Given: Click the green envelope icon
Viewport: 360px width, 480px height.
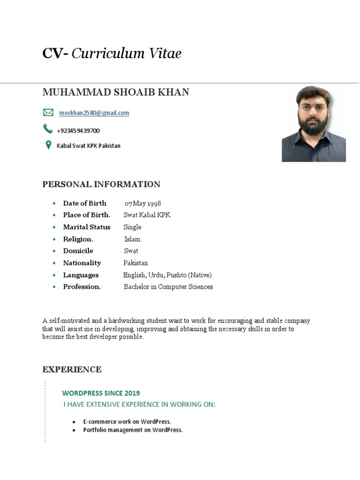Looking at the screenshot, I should (48, 112).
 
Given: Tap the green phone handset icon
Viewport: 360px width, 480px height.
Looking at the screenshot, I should (48, 128).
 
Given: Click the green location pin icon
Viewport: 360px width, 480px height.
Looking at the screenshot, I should (48, 145).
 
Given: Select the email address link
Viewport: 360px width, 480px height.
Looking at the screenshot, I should (94, 113).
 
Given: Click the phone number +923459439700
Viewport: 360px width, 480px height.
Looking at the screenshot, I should (78, 131).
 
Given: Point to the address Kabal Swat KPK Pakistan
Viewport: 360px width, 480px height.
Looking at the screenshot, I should (89, 146).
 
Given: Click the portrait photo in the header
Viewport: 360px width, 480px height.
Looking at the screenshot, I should (314, 124).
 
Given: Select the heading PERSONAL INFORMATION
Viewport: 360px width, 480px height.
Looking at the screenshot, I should (101, 184).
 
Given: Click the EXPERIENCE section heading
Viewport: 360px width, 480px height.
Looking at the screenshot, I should (72, 369).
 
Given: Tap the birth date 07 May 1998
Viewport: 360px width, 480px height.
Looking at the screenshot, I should (142, 203).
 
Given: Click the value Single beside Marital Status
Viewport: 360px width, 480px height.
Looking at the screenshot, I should (132, 227).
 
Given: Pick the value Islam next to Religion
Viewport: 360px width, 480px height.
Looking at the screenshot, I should (132, 239).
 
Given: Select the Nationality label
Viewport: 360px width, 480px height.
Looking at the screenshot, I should (82, 263).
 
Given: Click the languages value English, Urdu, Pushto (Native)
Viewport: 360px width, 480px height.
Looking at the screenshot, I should (167, 275).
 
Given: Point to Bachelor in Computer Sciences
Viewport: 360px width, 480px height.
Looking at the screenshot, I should (168, 287).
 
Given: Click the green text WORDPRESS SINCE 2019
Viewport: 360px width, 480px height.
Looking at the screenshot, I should (101, 393).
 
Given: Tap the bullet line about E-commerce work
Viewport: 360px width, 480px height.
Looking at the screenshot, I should (127, 421).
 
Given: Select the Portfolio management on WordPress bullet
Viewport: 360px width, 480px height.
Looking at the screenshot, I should (133, 430).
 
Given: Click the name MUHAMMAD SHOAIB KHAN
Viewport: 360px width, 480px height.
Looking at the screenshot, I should (116, 92).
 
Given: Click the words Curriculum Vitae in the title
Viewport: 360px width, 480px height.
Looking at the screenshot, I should (126, 54).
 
